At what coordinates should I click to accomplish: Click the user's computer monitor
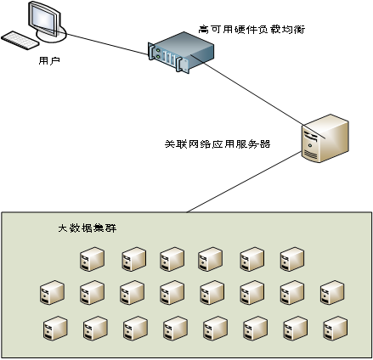point(44,19)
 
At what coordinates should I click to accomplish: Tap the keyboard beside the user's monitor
point(20,41)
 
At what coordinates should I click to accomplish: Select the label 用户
point(49,60)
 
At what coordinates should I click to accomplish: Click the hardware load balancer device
point(181,52)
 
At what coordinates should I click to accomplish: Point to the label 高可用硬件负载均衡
point(251,30)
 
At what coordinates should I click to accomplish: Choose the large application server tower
point(325,138)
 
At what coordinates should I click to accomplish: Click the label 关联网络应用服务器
point(218,144)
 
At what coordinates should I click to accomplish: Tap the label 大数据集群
point(88,228)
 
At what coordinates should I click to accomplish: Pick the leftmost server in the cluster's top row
point(92,259)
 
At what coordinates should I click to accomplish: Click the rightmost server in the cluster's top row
point(292,259)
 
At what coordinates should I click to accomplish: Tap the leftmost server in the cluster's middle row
point(52,292)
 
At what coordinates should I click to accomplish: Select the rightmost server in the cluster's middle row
point(332,292)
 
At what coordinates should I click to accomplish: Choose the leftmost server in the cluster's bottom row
point(55,329)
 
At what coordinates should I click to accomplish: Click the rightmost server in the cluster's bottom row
point(336,329)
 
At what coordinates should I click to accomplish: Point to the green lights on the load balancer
point(158,53)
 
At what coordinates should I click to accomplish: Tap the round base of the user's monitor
point(51,35)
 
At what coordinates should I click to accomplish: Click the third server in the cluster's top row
point(172,259)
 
